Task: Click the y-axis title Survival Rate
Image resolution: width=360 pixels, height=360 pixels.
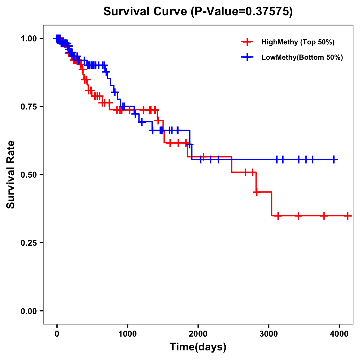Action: tap(11, 175)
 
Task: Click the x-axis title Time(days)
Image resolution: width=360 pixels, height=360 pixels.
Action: tap(198, 347)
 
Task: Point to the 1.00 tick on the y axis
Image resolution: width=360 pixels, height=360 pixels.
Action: tap(28, 38)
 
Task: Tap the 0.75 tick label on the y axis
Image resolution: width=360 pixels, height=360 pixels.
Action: tap(28, 106)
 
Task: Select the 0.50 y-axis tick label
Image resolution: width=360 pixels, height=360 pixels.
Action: tap(28, 175)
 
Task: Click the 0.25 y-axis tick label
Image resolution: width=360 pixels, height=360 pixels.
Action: tap(28, 243)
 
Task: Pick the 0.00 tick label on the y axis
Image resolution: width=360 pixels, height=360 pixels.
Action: tap(28, 311)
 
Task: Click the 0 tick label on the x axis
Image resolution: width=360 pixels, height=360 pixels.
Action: tap(57, 334)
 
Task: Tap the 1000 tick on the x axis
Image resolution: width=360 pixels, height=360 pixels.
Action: tap(127, 334)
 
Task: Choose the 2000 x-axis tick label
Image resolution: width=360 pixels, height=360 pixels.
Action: tap(198, 334)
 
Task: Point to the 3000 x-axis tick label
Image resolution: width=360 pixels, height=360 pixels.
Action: tap(268, 334)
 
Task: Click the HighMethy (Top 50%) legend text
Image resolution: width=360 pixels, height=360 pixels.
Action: tap(298, 42)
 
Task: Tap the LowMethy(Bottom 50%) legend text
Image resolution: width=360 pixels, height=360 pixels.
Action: tap(302, 57)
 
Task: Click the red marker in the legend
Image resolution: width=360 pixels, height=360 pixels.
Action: tap(247, 42)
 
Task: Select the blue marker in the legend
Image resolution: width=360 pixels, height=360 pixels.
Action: tap(247, 57)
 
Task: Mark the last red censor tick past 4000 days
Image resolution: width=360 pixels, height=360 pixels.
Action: tap(347, 216)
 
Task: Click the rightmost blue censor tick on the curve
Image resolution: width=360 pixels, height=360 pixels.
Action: tap(334, 159)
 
